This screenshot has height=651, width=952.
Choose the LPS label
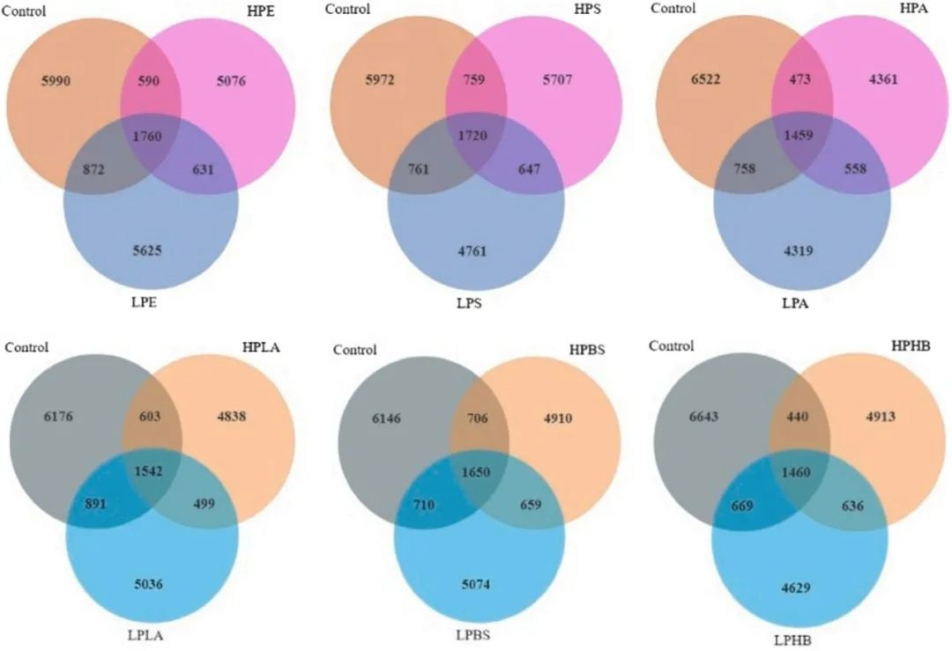point(474,304)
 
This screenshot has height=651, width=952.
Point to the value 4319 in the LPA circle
point(799,251)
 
